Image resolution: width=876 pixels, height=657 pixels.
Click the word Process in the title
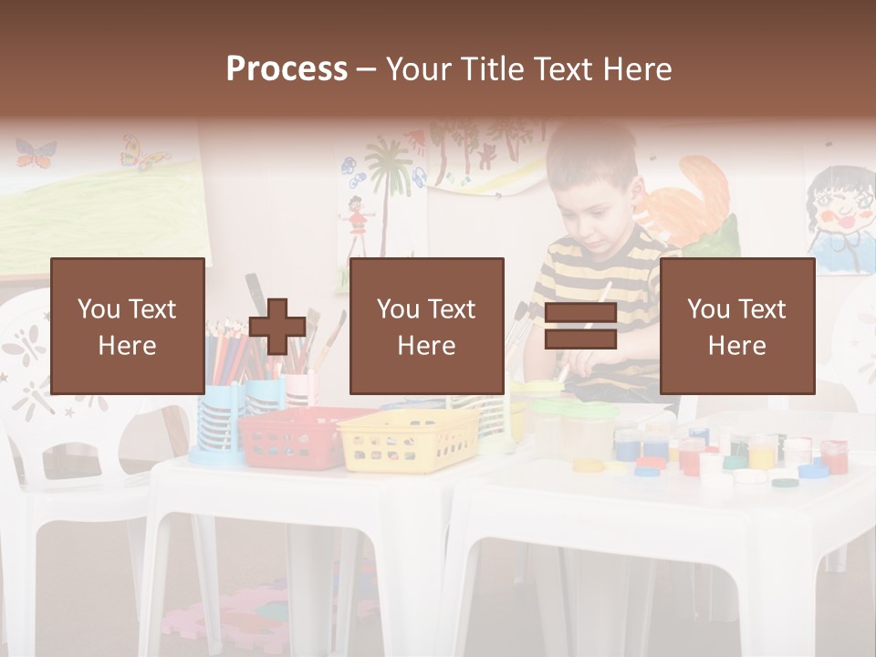pos(287,68)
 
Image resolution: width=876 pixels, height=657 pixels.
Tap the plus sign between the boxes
pos(277,326)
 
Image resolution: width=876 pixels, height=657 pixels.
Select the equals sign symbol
pos(580,326)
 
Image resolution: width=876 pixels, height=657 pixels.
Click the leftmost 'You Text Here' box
pos(127,326)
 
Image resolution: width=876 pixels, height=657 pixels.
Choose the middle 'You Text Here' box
pos(426,326)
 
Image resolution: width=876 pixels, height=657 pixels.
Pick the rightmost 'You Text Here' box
pos(736,326)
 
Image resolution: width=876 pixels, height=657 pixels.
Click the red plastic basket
pos(292,438)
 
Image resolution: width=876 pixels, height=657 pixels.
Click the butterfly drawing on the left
pos(36,152)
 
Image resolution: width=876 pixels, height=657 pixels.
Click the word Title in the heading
pos(495,68)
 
